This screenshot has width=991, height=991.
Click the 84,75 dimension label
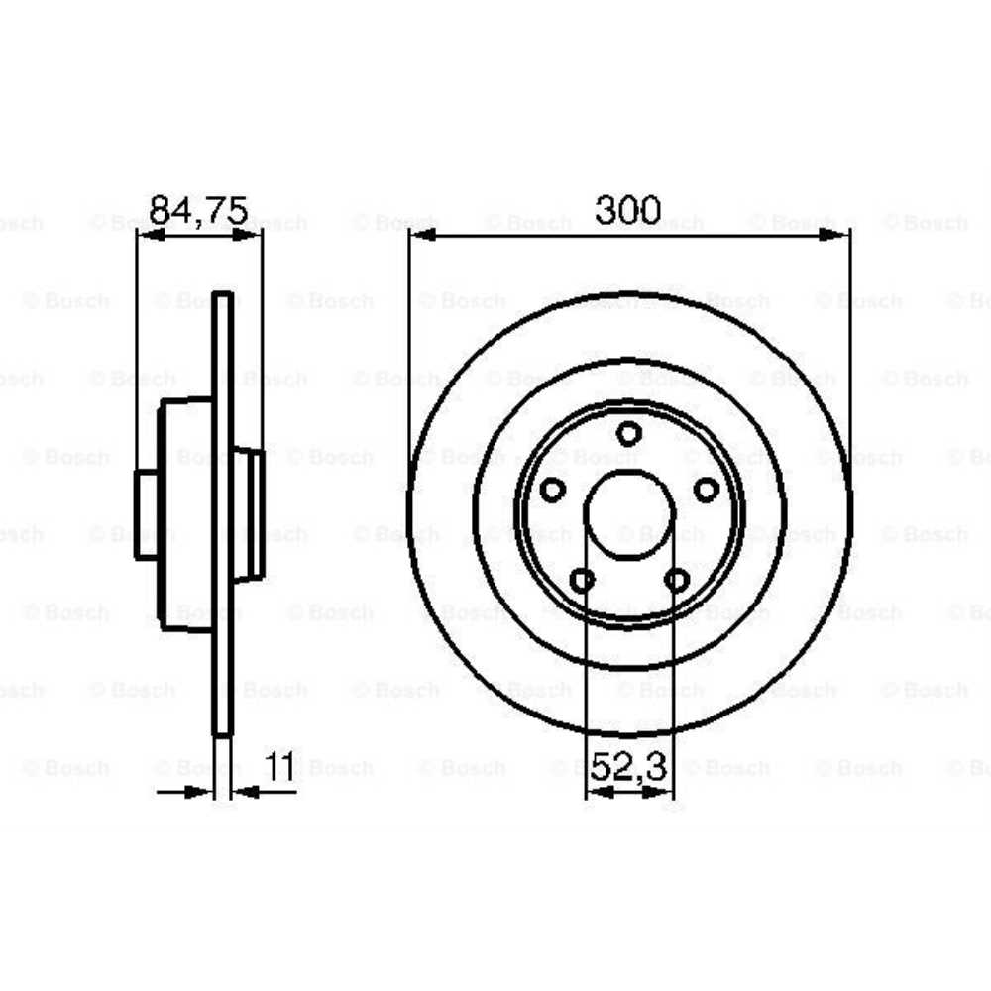click(198, 211)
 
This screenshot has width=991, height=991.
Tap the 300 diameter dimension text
click(627, 210)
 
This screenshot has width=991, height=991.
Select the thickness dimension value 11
click(280, 768)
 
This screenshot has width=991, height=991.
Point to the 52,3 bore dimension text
click(630, 768)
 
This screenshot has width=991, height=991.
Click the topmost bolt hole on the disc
click(628, 433)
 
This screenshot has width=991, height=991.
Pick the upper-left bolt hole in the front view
click(552, 490)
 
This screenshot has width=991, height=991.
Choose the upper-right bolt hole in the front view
click(706, 490)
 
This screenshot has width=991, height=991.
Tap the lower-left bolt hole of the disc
click(583, 580)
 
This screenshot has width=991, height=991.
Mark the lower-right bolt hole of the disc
click(677, 580)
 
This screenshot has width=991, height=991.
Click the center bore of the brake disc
click(629, 513)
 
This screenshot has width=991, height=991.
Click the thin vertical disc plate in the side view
click(223, 515)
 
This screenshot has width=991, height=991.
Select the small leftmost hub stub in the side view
click(147, 515)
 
